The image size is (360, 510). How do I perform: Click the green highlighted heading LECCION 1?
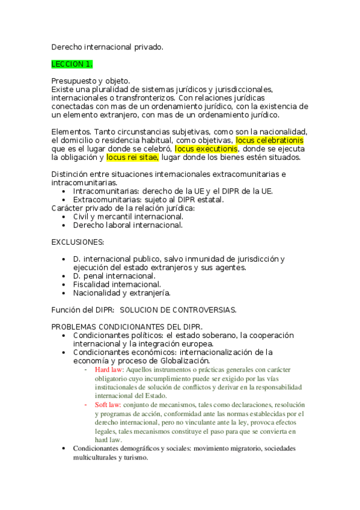(72, 63)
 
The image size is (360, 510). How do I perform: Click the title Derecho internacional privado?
(107, 46)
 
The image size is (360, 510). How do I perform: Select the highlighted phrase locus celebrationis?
(269, 140)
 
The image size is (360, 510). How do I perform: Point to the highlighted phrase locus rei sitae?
(132, 158)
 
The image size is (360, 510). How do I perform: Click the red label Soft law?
(108, 405)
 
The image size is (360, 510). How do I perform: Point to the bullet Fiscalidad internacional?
(117, 284)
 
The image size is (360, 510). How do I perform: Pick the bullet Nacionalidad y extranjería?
(121, 293)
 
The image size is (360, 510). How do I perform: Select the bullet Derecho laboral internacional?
(128, 225)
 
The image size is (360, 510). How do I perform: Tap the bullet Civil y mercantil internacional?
(128, 217)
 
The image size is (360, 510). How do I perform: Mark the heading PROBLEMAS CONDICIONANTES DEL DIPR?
(115, 327)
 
